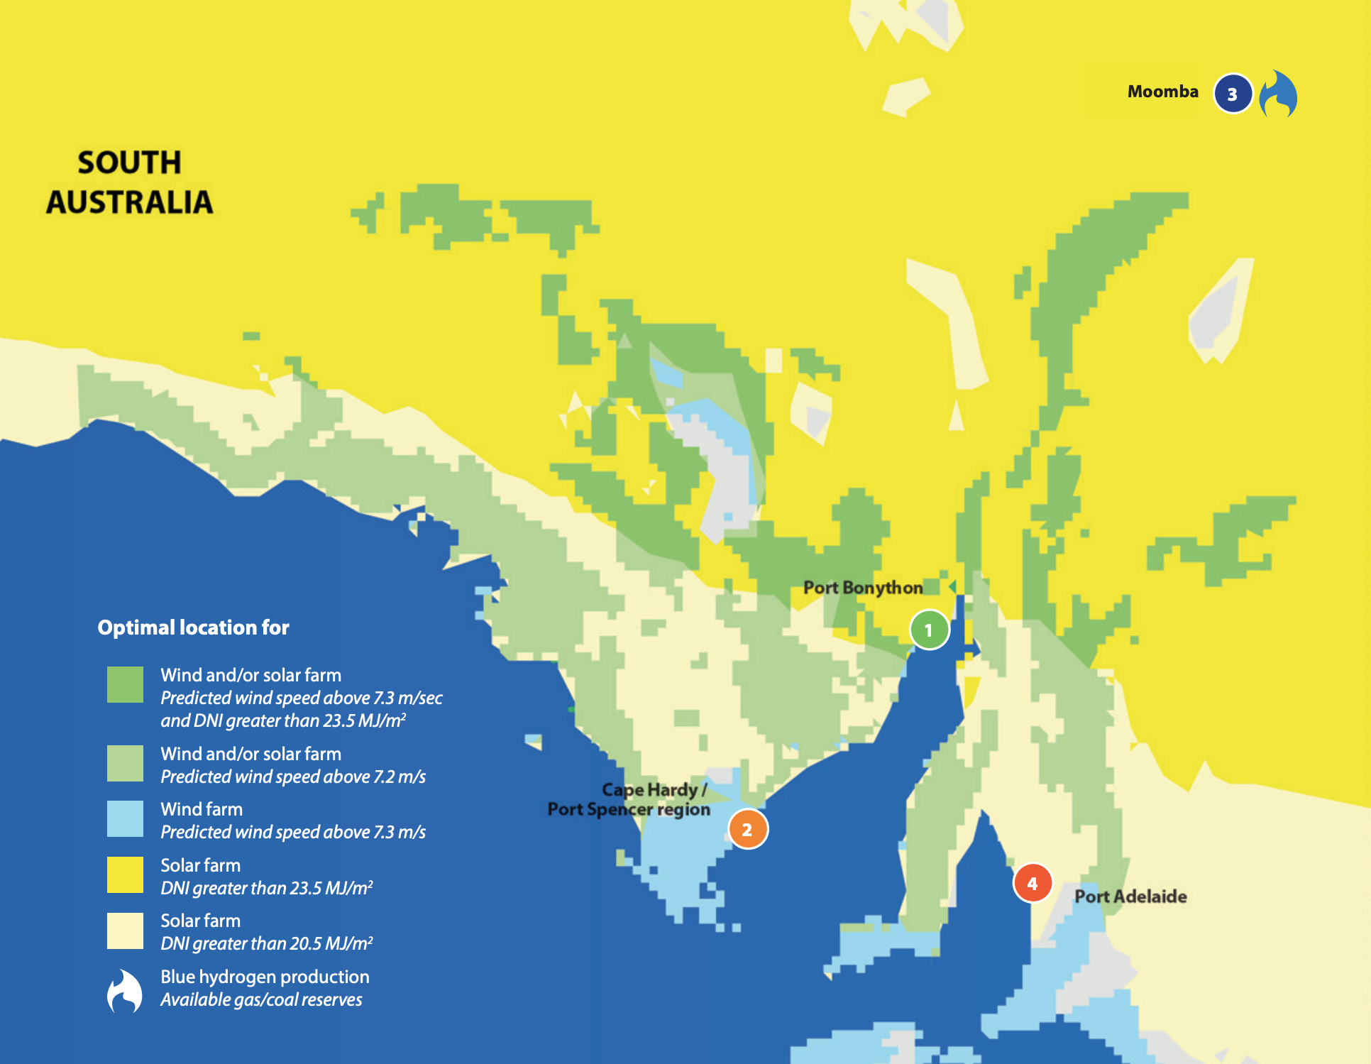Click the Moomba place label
[1162, 92]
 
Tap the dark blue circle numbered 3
[1233, 94]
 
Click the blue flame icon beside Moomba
[1278, 94]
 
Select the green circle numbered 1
[929, 630]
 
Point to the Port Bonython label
[863, 588]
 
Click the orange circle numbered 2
[747, 829]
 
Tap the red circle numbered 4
[1032, 883]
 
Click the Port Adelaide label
[1130, 896]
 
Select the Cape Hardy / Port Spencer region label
[629, 800]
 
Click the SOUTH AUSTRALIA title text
[129, 182]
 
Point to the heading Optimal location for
[193, 627]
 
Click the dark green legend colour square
[125, 684]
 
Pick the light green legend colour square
[125, 763]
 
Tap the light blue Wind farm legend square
[125, 819]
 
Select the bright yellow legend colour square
[125, 874]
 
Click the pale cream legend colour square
[125, 931]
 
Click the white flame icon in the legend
[125, 991]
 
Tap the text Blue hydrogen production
[265, 977]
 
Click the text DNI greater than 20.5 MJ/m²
[266, 943]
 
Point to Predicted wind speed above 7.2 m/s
[292, 777]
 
